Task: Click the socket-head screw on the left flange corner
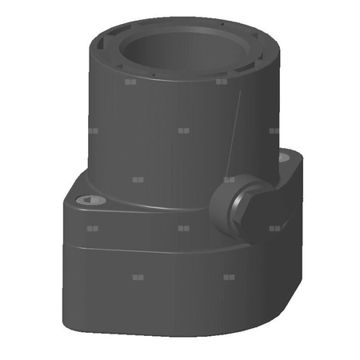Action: tap(91, 199)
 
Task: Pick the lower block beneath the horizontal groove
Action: tap(160, 296)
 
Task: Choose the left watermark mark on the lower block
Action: tap(137, 278)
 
